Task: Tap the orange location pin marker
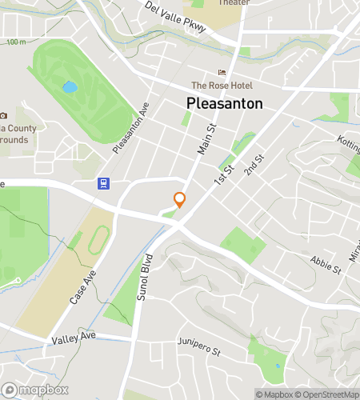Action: tap(179, 200)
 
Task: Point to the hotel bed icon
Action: tap(222, 73)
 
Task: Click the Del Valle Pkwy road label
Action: tap(176, 16)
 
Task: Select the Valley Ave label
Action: tap(74, 339)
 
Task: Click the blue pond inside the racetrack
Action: tap(70, 86)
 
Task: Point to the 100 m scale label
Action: tap(16, 42)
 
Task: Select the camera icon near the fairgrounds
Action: tap(3, 116)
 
